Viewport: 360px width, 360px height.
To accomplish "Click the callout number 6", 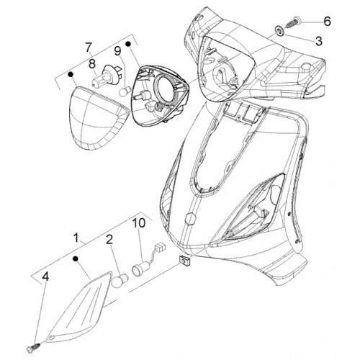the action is pyautogui.click(x=327, y=21).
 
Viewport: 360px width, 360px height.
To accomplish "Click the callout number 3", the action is pyautogui.click(x=319, y=41).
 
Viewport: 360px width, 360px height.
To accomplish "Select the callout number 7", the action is pyautogui.click(x=89, y=48).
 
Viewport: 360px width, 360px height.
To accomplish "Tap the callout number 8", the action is pyautogui.click(x=92, y=64).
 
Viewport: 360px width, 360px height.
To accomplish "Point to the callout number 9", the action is pyautogui.click(x=117, y=51).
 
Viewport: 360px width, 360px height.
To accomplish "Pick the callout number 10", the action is pyautogui.click(x=139, y=223).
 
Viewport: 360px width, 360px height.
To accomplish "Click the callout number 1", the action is pyautogui.click(x=76, y=238).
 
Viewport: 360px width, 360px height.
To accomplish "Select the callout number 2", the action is pyautogui.click(x=109, y=240).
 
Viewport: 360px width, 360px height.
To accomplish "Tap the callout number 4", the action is pyautogui.click(x=45, y=276).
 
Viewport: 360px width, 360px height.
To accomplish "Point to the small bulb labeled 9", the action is pyautogui.click(x=124, y=92).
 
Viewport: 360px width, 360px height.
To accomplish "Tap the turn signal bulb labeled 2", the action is pyautogui.click(x=121, y=280).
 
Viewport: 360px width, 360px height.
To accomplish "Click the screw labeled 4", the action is pyautogui.click(x=35, y=347).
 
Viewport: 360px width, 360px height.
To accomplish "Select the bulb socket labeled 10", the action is pyautogui.click(x=140, y=270).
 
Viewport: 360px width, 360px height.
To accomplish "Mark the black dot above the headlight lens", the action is pyautogui.click(x=70, y=74).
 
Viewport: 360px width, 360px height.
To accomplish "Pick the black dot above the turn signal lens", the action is pyautogui.click(x=76, y=258).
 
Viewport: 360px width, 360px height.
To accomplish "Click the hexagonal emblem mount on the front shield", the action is pyautogui.click(x=189, y=218).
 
